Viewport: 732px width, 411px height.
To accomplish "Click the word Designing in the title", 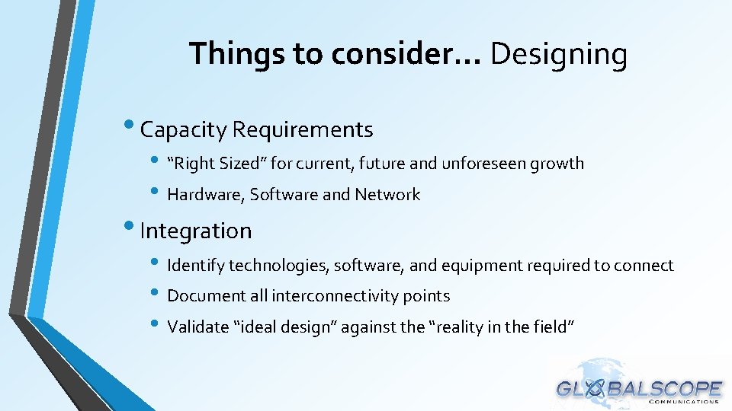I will pyautogui.click(x=558, y=55).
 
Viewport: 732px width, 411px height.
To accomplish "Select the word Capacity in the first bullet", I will pyautogui.click(x=184, y=130).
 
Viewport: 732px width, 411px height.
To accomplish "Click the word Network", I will pyautogui.click(x=387, y=195).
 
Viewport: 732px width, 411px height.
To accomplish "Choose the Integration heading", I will pyautogui.click(x=196, y=231).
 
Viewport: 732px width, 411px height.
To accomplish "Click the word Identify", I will pyautogui.click(x=196, y=266).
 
